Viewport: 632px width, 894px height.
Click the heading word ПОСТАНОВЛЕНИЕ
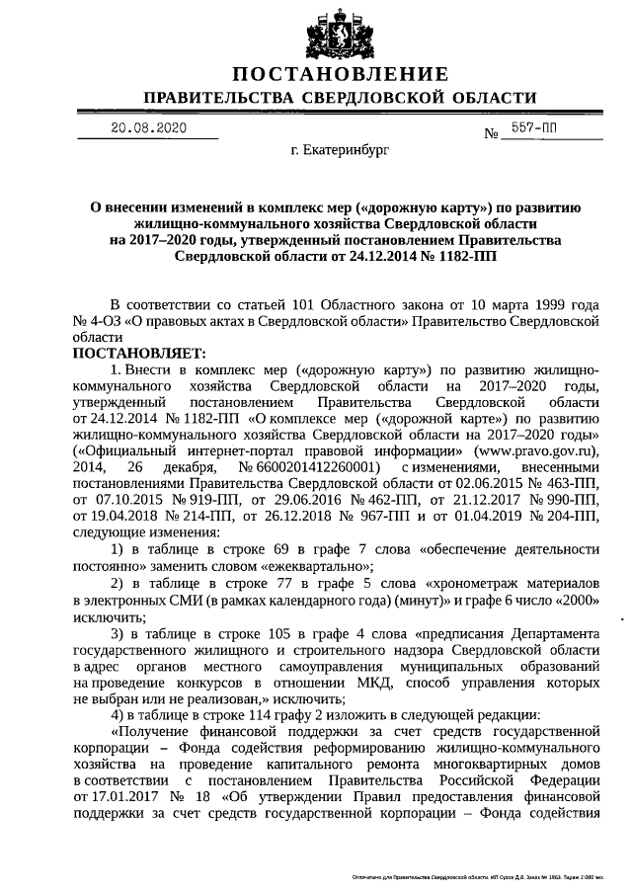pos(341,75)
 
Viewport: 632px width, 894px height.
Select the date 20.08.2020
pos(147,128)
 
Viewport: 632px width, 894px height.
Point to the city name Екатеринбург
pos(341,153)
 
